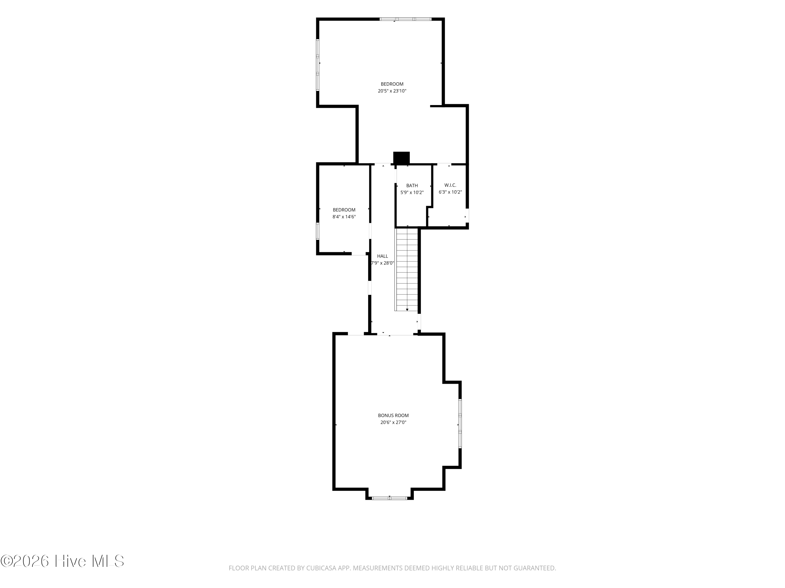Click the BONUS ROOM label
[x=393, y=416]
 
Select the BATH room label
[x=412, y=185]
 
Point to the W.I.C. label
[x=450, y=185]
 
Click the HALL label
[x=383, y=256]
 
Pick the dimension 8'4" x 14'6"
[x=344, y=217]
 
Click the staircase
[x=407, y=270]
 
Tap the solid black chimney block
[x=401, y=158]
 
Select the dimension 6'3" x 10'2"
[x=450, y=192]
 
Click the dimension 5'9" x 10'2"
[x=412, y=192]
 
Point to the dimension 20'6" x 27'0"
[x=393, y=422]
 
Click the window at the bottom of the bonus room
[x=389, y=498]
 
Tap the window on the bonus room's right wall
[x=460, y=424]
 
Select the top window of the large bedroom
[x=405, y=19]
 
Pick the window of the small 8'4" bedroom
[x=318, y=231]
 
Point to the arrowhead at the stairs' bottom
[x=407, y=310]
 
